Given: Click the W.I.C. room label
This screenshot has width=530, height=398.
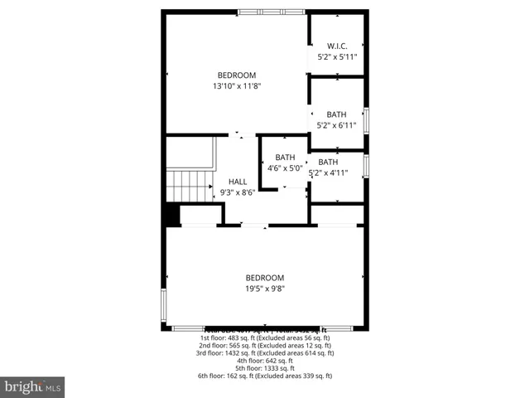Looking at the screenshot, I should coord(336,46).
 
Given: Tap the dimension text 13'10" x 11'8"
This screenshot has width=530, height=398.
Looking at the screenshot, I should coord(237,85).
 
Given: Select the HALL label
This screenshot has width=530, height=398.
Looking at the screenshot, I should coord(238,182).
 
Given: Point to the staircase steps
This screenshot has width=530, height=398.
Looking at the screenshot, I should coord(190,187).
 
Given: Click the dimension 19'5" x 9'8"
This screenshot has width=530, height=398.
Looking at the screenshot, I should coord(265,289).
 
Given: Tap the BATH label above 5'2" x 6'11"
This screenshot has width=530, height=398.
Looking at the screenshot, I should coord(336,114).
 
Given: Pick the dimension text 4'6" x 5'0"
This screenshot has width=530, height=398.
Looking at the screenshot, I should coord(285,168).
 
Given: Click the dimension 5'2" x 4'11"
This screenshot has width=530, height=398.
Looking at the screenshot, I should coord(328,173).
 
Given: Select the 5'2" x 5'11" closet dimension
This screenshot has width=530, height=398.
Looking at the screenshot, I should coord(336,56).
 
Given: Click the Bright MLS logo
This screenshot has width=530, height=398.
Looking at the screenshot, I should coord(33,386).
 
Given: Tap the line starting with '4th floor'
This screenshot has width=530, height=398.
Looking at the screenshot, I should coord(265,361).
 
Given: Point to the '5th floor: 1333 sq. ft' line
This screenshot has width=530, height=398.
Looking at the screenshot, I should coord(265,368).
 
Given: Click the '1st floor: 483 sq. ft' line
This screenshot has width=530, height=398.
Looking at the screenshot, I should coord(265,337).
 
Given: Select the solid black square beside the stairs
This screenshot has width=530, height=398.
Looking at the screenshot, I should coord(171,215).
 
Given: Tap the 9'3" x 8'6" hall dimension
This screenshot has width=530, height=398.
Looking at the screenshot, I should coord(238,192).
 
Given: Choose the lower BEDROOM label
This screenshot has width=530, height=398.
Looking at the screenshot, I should coord(265,278).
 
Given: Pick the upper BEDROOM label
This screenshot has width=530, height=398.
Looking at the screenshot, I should coord(237,75).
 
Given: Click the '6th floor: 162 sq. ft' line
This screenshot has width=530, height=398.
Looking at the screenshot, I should coord(265,376).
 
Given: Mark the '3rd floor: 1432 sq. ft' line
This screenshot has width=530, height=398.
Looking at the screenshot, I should coord(265,352).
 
